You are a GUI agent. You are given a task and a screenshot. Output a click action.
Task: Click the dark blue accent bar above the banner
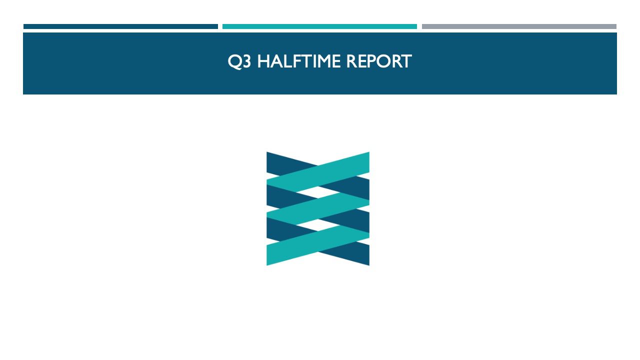(120, 26)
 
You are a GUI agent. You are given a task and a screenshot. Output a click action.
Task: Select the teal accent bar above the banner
(319, 26)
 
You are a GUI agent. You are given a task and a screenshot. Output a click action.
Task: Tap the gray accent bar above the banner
(519, 26)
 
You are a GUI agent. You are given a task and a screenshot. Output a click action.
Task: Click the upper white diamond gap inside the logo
(318, 190)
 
